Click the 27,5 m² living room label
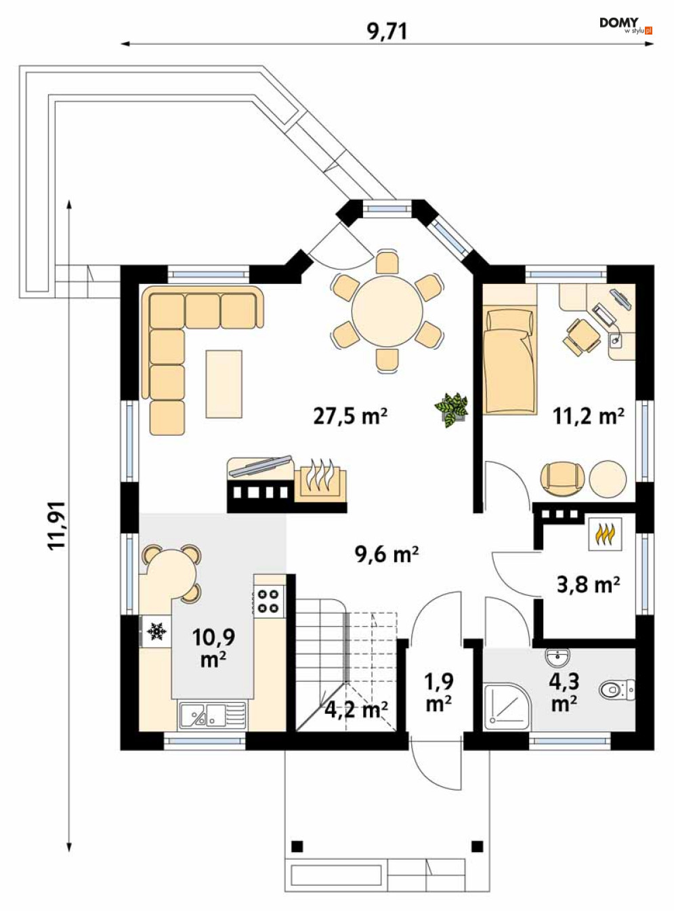click(x=350, y=416)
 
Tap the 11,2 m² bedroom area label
click(x=589, y=416)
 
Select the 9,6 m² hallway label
click(x=387, y=554)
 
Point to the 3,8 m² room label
click(x=588, y=584)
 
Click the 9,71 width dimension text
click(x=387, y=31)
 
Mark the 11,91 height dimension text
click(x=56, y=525)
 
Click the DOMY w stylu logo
click(x=625, y=26)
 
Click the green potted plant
click(x=452, y=409)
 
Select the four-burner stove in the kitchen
click(x=269, y=601)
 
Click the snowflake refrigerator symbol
click(x=156, y=631)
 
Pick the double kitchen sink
click(x=213, y=715)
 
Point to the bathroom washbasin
click(x=558, y=657)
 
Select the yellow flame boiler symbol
click(x=605, y=534)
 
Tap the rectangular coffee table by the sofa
click(x=224, y=384)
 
